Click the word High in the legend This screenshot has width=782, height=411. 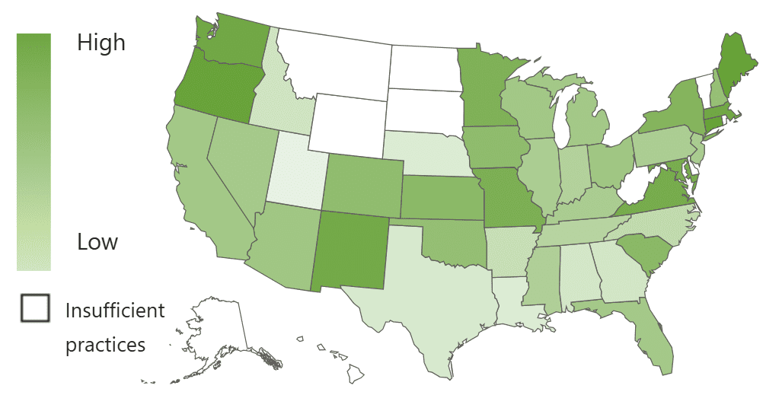pos(101,43)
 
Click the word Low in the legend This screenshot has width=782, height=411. pos(97,242)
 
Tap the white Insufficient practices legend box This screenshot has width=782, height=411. pos(35,308)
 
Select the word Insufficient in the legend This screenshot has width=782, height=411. pos(115,311)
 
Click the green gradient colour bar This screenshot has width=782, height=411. pos(34,151)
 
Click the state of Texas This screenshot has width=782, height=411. pos(426,304)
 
